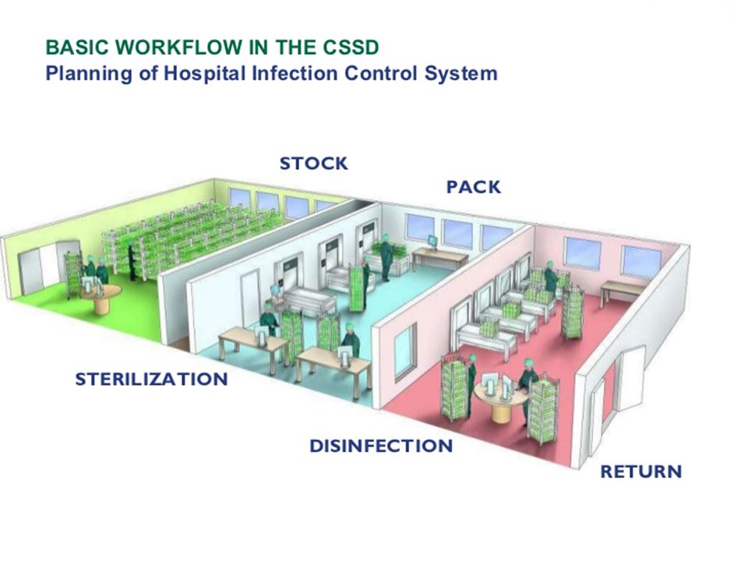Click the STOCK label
pyautogui.click(x=313, y=164)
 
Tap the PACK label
pyautogui.click(x=473, y=188)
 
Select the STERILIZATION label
pyautogui.click(x=151, y=379)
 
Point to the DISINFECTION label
pyautogui.click(x=381, y=446)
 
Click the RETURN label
pyautogui.click(x=640, y=471)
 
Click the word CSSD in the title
pyautogui.click(x=351, y=48)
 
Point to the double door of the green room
pyautogui.click(x=41, y=268)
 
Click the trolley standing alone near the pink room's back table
pyautogui.click(x=573, y=312)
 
